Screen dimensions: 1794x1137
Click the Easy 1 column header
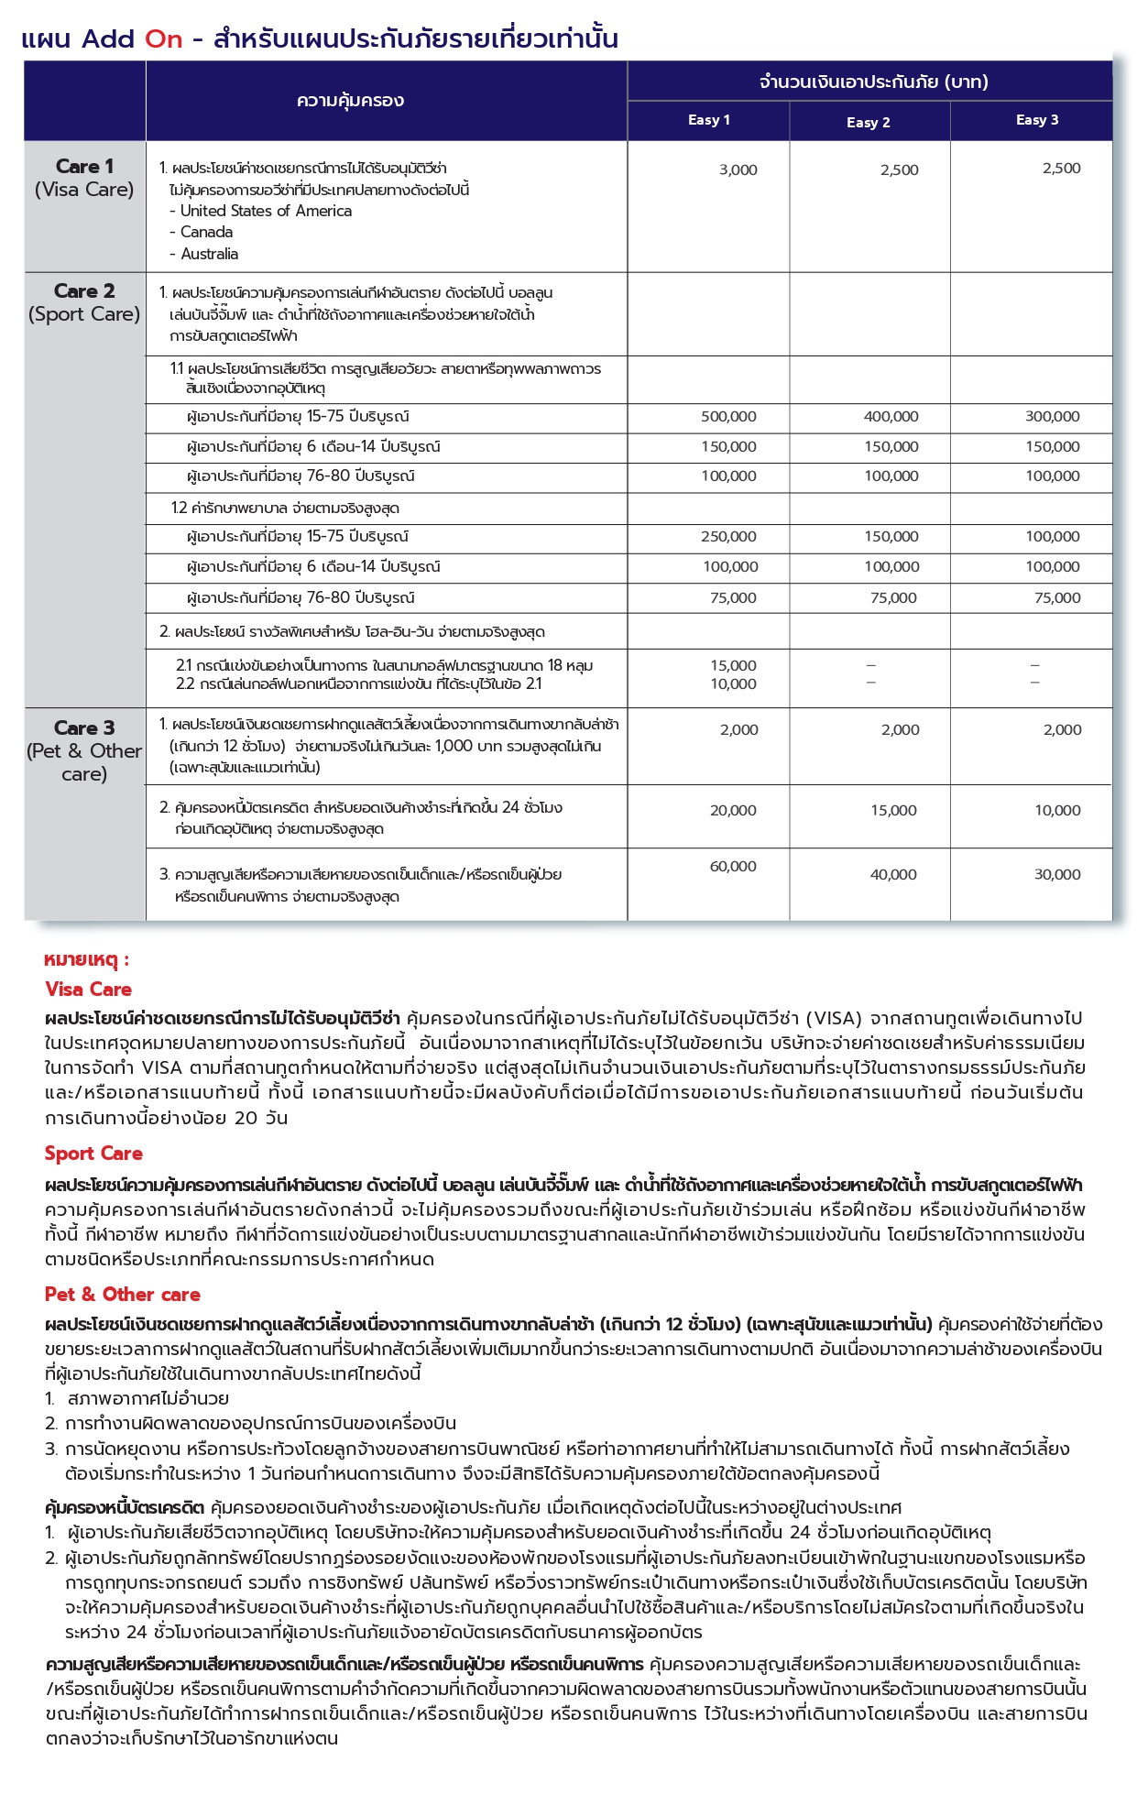click(x=708, y=120)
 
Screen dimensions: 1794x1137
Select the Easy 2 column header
click(x=868, y=123)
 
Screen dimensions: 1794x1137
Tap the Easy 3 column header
click(x=1036, y=120)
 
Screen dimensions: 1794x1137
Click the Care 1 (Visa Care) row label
click(x=84, y=178)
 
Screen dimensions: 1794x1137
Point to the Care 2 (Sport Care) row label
click(x=84, y=302)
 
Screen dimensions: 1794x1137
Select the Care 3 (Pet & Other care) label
click(x=84, y=750)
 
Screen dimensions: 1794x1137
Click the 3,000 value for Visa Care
click(x=738, y=170)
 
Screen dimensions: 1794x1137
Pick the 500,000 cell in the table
click(x=728, y=417)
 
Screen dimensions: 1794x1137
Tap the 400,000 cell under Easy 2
click(x=891, y=417)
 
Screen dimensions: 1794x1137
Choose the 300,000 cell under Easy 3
click(x=1052, y=417)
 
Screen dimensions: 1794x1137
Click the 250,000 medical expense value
click(x=728, y=537)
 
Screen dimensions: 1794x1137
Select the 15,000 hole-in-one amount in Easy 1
click(x=733, y=666)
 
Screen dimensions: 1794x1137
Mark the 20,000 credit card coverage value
click(x=733, y=811)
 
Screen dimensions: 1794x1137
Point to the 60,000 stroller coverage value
click(x=733, y=867)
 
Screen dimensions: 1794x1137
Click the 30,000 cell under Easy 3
click(x=1057, y=875)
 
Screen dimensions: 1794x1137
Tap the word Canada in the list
click(x=206, y=233)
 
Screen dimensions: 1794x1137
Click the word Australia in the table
click(x=209, y=255)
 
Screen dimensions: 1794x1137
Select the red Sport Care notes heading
click(x=93, y=1154)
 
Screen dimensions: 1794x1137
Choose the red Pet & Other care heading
click(x=122, y=1295)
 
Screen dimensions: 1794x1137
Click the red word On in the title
click(x=164, y=39)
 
